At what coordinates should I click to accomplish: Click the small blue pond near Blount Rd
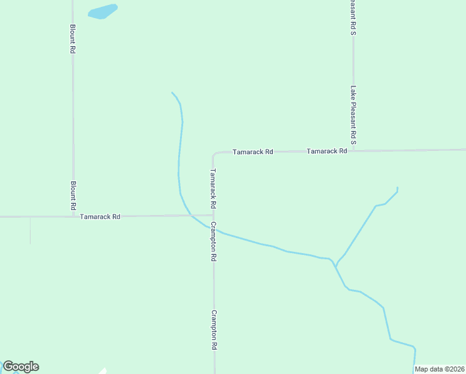click(x=103, y=12)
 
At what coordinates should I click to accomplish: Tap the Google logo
click(x=21, y=367)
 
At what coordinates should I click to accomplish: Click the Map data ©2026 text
click(x=440, y=369)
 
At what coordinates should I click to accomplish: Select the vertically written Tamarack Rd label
click(x=213, y=188)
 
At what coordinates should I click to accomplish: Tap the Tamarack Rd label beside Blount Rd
click(x=100, y=216)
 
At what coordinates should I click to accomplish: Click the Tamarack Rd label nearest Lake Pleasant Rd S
click(x=326, y=151)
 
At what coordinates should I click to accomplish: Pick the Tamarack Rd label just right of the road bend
click(x=252, y=151)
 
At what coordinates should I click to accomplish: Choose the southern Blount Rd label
click(x=73, y=194)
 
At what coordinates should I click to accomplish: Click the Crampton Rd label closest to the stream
click(x=213, y=241)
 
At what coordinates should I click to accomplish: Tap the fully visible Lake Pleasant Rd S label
click(x=353, y=116)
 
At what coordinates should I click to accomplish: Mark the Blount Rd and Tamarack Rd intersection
click(x=74, y=216)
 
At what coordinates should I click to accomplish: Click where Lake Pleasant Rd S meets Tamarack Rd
click(x=354, y=151)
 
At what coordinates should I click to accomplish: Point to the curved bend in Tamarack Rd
click(x=215, y=154)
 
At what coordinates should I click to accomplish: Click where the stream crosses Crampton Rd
click(x=214, y=229)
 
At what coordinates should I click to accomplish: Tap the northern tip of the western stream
click(x=172, y=93)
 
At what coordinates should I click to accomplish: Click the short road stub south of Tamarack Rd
click(x=30, y=231)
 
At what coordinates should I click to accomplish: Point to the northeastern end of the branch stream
click(x=397, y=188)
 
